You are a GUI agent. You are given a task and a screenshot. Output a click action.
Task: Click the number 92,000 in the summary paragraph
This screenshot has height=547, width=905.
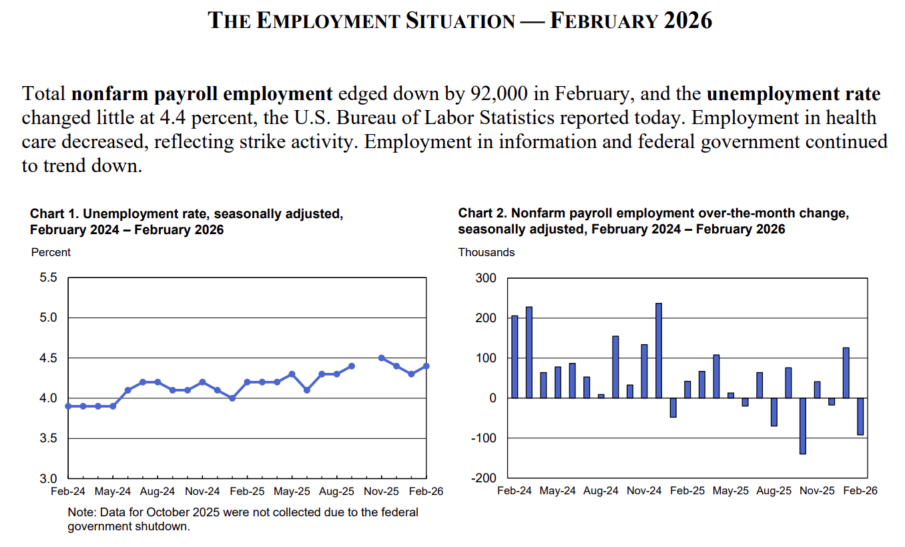499,93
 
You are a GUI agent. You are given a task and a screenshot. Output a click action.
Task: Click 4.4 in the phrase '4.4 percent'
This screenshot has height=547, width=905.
172,117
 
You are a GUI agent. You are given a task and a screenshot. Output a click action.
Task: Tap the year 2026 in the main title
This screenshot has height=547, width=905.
688,21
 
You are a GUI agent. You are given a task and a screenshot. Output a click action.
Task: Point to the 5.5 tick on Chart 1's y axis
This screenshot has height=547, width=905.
48,278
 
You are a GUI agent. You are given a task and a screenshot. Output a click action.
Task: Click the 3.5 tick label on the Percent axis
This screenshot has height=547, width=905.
48,438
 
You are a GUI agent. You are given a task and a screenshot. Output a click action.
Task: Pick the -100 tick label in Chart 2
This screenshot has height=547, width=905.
484,438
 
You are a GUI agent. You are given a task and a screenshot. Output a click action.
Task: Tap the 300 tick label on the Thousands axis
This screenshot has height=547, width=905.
486,278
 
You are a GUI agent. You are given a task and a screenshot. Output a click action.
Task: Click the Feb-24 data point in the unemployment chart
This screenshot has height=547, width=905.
68,406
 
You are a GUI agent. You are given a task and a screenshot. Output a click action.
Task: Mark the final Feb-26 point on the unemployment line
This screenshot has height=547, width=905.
426,366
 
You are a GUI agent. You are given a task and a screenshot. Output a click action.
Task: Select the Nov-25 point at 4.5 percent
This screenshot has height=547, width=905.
381,358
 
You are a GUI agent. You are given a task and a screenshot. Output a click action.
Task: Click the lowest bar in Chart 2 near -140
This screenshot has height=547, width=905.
803,426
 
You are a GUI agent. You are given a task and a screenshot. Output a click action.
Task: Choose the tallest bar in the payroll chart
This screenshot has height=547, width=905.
659,350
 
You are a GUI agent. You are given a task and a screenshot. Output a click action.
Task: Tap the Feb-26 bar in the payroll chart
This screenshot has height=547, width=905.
860,416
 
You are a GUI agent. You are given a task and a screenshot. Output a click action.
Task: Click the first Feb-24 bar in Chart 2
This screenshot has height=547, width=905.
515,357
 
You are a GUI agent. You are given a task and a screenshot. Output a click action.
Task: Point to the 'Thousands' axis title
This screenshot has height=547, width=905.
487,252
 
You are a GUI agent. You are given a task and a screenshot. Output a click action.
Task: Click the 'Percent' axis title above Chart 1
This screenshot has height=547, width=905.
51,252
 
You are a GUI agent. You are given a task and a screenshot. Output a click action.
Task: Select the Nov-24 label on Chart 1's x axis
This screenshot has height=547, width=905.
202,491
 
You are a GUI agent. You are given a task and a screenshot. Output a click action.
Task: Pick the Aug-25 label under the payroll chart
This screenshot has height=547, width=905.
774,490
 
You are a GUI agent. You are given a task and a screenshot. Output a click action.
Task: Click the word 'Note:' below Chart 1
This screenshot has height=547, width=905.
82,512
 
